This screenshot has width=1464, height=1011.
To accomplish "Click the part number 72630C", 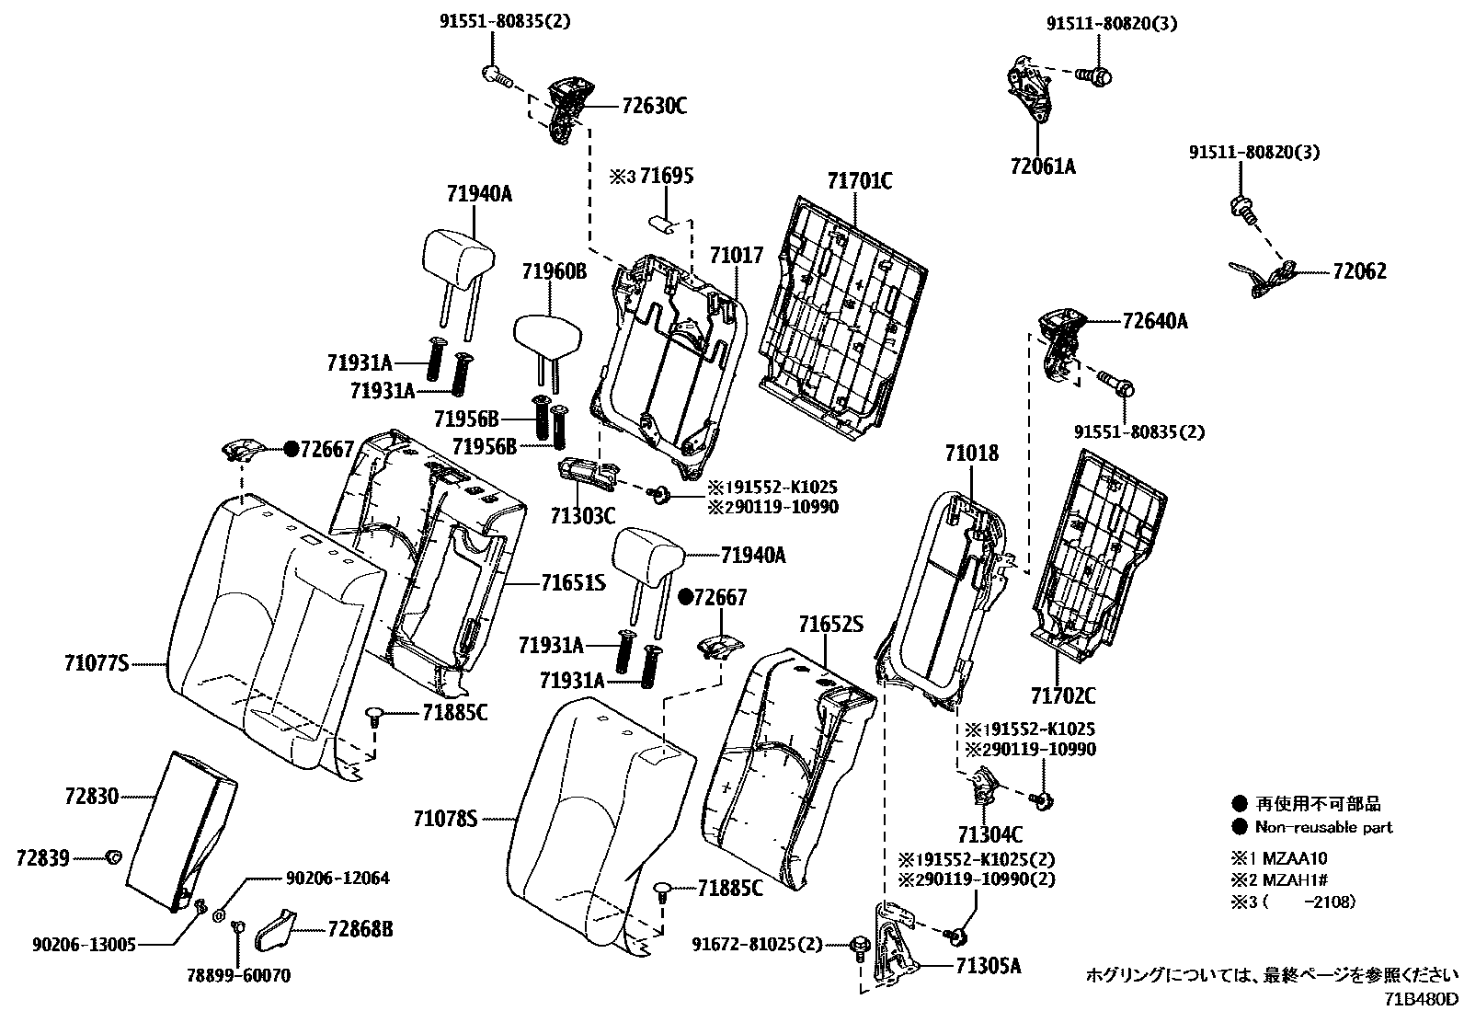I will point(654,106).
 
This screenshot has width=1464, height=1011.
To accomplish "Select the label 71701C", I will point(859,180).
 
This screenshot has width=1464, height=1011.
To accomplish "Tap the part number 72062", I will point(1359,271).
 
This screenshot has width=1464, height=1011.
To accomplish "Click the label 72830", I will point(92,797).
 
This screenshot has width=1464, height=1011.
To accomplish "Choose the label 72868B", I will point(360,930).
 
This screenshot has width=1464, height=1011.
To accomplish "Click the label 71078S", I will point(446,818).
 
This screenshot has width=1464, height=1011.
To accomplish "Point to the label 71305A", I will point(988,966).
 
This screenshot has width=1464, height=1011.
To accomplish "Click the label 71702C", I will point(1063,695).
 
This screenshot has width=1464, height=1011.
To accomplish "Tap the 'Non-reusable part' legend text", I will point(1327,827).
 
